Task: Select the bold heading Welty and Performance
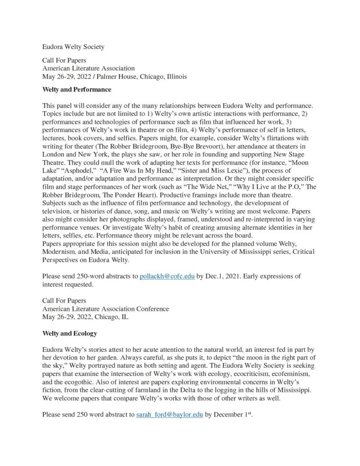coord(76,90)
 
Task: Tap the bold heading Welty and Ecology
coord(69,334)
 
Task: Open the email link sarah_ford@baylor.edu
coord(169,415)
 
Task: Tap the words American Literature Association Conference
coord(105,309)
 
